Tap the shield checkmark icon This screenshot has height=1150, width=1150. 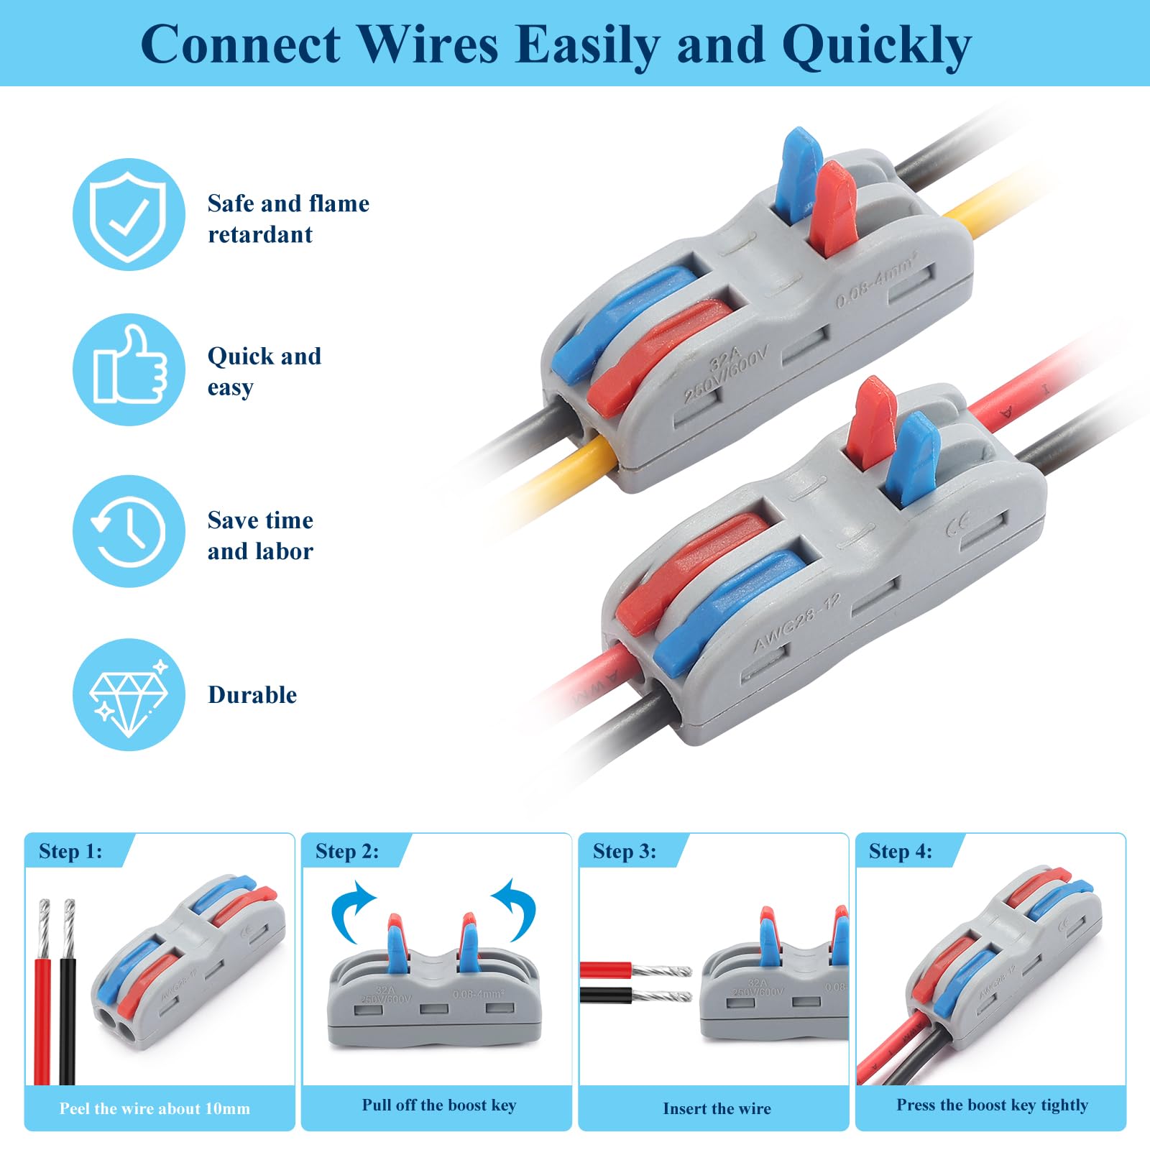129,215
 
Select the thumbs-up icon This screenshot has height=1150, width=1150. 129,369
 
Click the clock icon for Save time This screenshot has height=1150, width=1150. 129,531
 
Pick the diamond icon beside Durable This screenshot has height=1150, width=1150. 129,695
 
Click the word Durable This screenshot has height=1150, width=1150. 252,695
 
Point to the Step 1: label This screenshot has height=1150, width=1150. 70,852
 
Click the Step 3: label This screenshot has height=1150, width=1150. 624,852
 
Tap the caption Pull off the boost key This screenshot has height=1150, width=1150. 438,1105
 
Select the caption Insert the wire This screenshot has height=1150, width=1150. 717,1109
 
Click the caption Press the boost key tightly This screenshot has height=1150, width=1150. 992,1105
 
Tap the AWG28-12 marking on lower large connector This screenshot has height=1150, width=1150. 796,622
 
